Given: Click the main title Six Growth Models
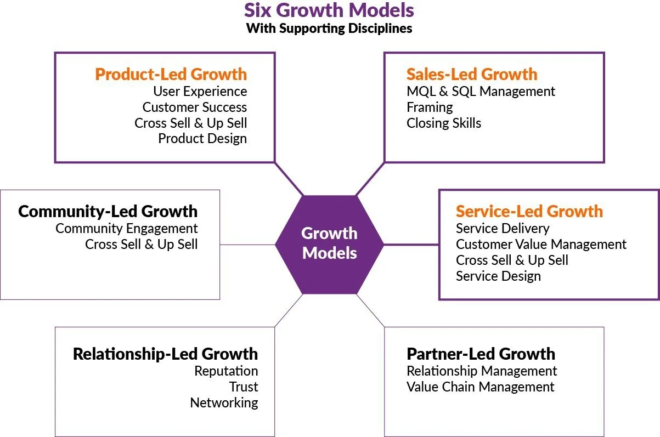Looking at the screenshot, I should (329, 10).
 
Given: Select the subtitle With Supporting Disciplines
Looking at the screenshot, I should (329, 29).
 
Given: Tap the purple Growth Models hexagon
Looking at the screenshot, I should (329, 244).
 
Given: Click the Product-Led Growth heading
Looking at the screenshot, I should (171, 74).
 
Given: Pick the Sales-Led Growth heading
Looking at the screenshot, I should (472, 74).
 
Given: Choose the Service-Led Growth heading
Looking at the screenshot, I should (529, 211).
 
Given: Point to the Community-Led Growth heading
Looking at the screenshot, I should (108, 211).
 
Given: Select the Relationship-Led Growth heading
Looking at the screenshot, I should (165, 354).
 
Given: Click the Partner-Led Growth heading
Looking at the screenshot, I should (481, 354).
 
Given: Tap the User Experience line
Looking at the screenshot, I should (200, 91).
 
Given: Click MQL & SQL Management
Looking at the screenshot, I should (481, 91).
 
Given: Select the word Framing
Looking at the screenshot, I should (430, 107).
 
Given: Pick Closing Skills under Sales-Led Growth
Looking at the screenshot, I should (443, 123).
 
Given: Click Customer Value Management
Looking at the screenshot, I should (541, 244).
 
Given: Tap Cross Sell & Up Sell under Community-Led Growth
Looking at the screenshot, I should (141, 244).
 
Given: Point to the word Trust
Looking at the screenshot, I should (244, 387).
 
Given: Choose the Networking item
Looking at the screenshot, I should (224, 402).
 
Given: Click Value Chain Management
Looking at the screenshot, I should (480, 387).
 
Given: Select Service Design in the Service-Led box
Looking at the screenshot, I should (498, 276).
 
